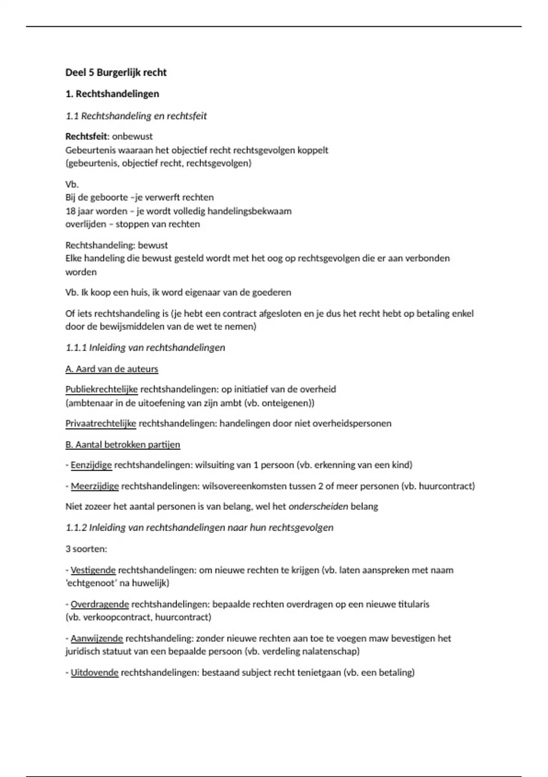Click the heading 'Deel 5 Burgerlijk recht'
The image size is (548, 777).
pyautogui.click(x=116, y=72)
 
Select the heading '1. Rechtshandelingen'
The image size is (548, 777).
pyautogui.click(x=112, y=94)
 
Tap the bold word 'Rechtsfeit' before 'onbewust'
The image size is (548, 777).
pyautogui.click(x=86, y=136)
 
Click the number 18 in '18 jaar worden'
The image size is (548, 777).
pyautogui.click(x=70, y=211)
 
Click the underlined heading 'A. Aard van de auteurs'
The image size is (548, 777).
pyautogui.click(x=112, y=369)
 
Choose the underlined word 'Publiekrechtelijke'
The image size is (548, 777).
pyautogui.click(x=101, y=389)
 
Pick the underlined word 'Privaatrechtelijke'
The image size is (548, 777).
pyautogui.click(x=101, y=423)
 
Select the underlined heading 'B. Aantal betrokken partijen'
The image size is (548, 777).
pyautogui.click(x=123, y=444)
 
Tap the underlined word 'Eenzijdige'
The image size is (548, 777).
pyautogui.click(x=91, y=465)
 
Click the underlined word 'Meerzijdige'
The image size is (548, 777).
pyautogui.click(x=95, y=486)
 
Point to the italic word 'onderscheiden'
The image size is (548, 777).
pyautogui.click(x=318, y=506)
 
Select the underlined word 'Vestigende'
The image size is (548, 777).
pyautogui.click(x=93, y=570)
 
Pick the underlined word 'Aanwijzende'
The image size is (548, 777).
pyautogui.click(x=97, y=638)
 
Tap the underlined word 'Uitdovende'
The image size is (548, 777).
pyautogui.click(x=95, y=672)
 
